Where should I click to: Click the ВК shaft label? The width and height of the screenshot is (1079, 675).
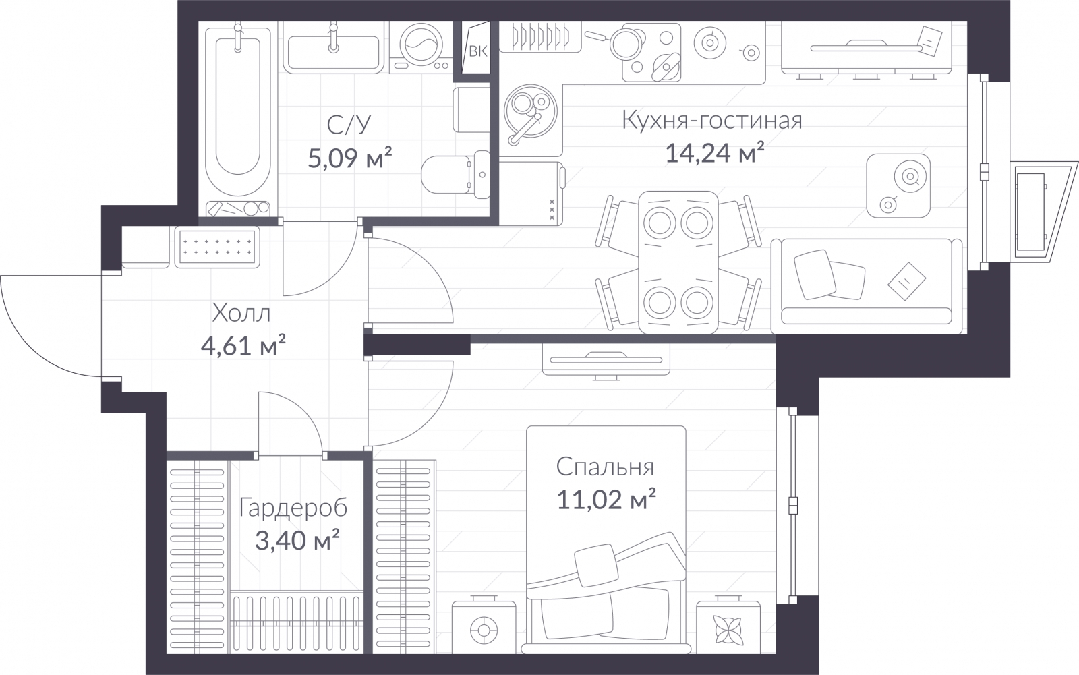478,51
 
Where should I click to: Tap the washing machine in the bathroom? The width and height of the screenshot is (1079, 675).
421,47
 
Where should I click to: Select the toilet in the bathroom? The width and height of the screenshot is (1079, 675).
456,175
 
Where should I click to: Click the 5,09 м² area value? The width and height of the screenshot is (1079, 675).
350,158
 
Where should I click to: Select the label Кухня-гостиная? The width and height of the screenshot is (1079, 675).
712,120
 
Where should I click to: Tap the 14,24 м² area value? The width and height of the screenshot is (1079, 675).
715,152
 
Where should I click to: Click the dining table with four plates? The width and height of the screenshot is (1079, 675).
678,262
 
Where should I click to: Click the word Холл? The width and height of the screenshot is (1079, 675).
241,314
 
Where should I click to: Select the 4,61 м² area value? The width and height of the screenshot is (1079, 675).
243,345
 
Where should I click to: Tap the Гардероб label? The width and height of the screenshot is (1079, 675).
293,508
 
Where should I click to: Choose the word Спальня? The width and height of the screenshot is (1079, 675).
605,467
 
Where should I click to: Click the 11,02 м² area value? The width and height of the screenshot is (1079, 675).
606,500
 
